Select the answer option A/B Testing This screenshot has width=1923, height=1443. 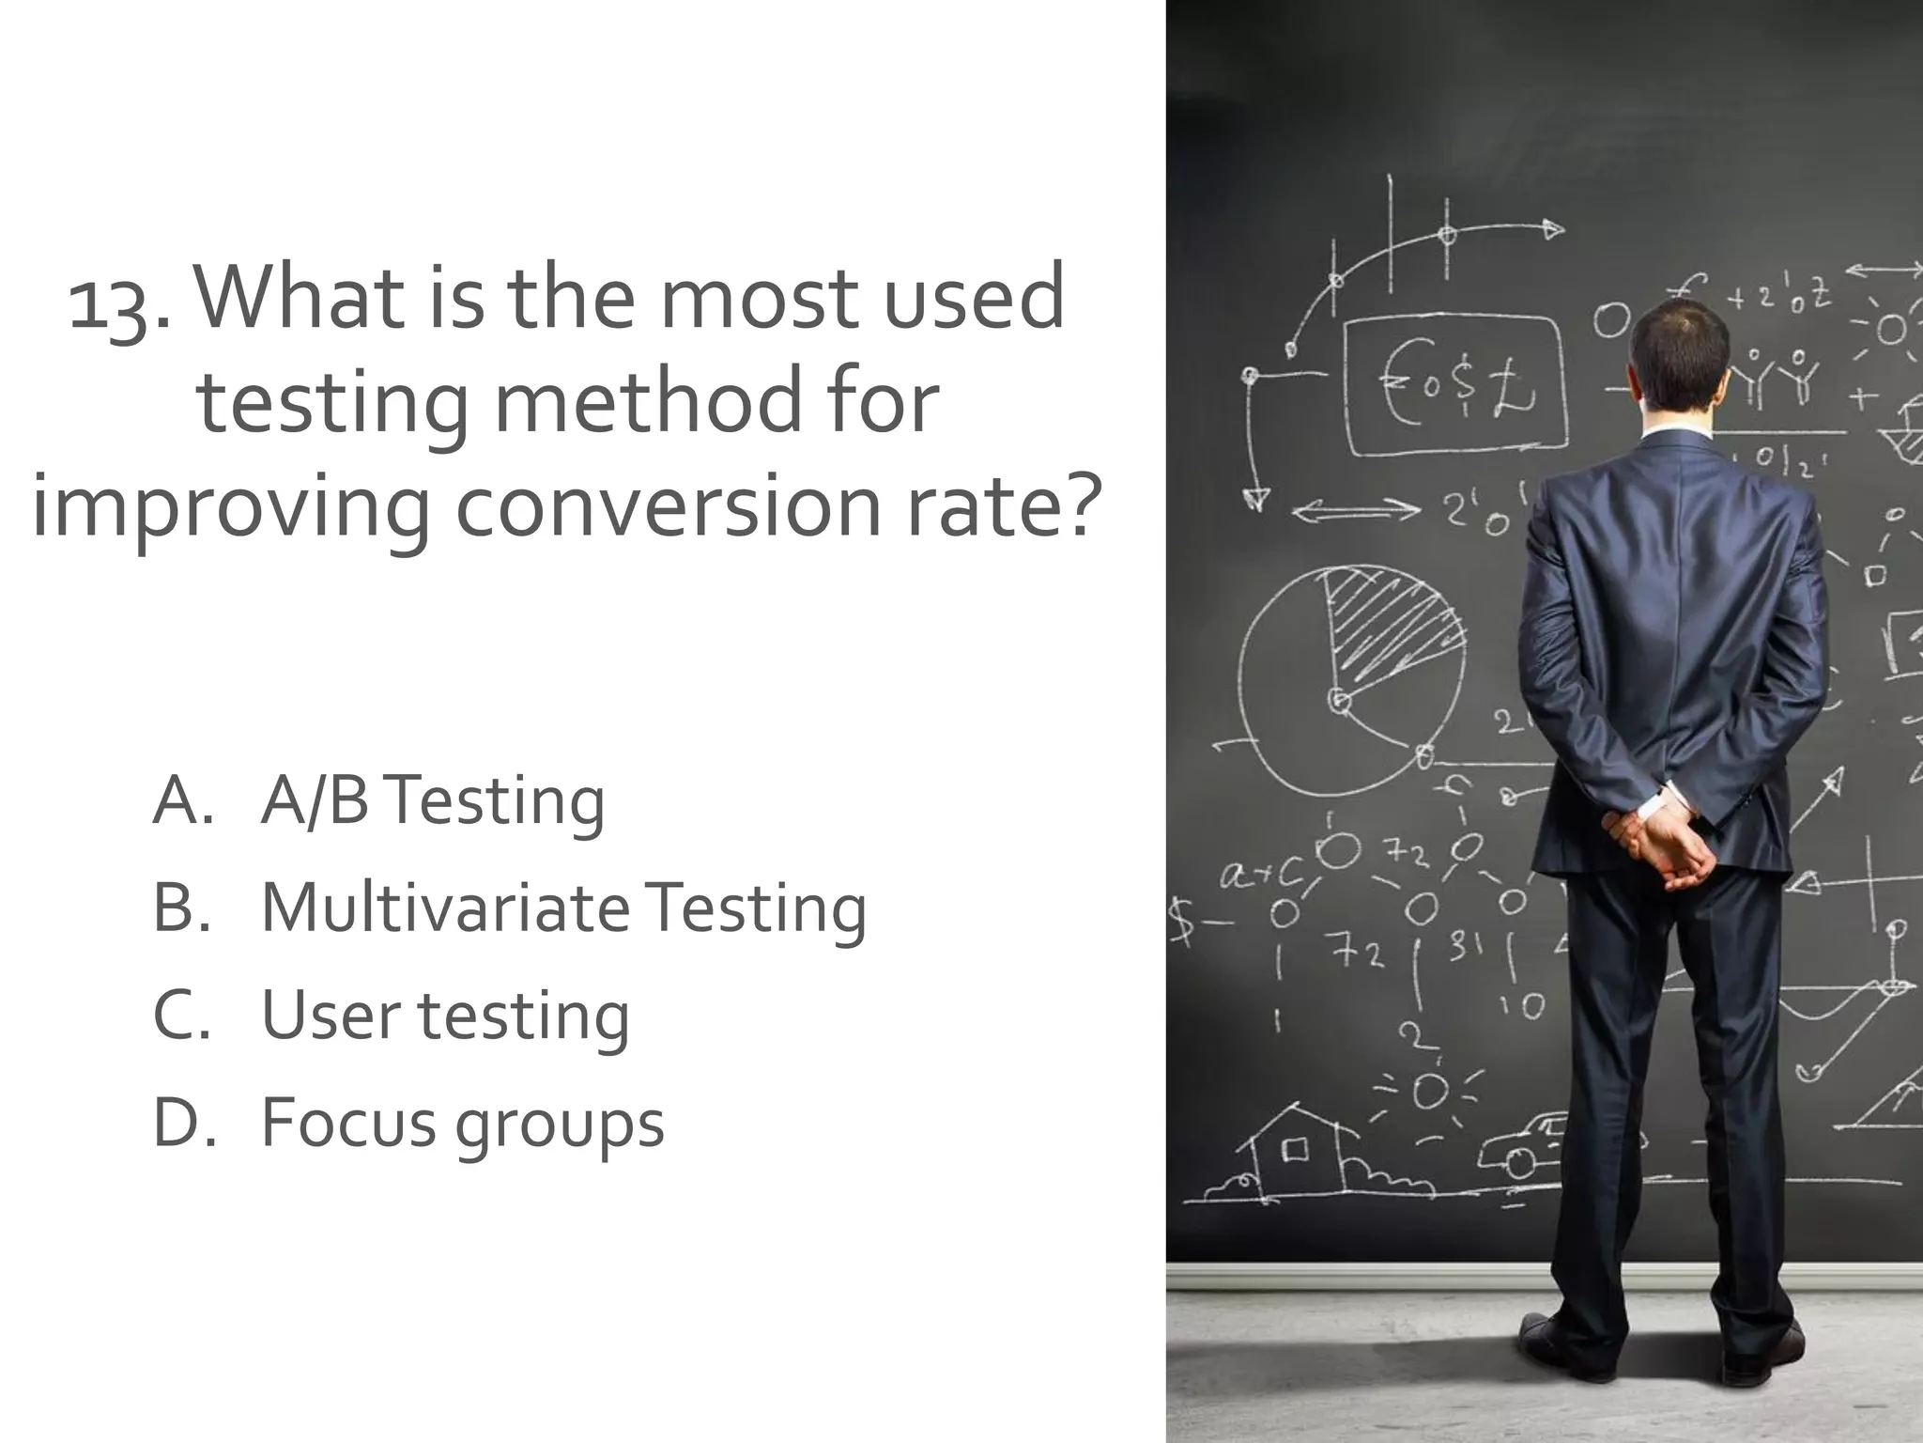(x=432, y=801)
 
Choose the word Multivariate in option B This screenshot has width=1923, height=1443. (x=445, y=908)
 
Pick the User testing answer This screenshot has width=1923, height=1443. (x=445, y=1016)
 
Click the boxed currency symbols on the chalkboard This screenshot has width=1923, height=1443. (x=1455, y=385)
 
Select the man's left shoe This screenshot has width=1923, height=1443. (x=1549, y=1339)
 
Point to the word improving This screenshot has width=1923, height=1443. (x=230, y=507)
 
